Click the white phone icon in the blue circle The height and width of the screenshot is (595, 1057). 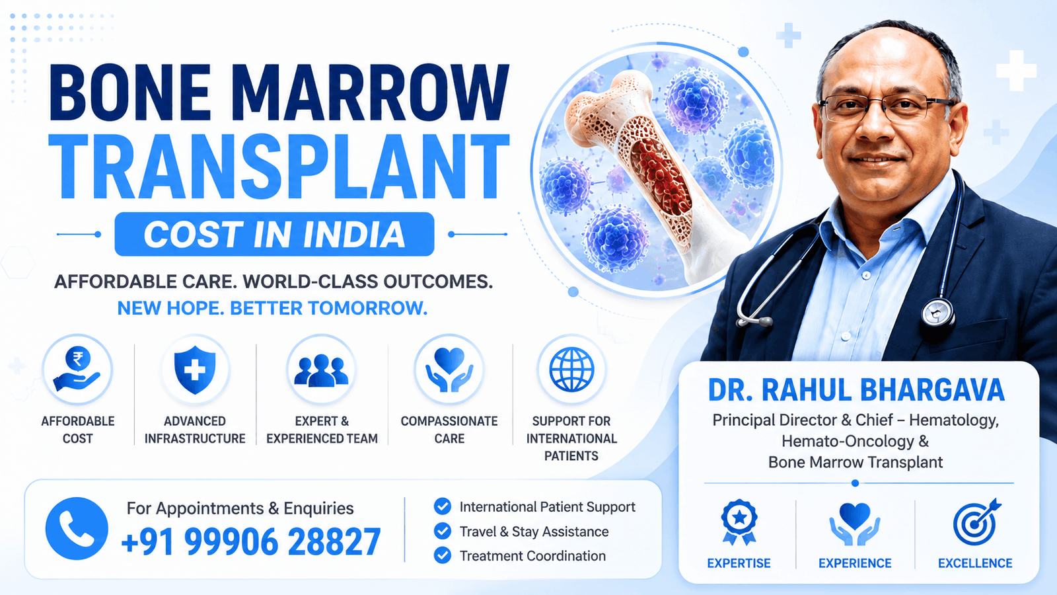click(77, 528)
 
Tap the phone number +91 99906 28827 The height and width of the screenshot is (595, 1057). click(250, 541)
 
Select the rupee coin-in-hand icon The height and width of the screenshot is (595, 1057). click(77, 370)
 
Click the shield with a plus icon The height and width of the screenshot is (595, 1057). click(194, 370)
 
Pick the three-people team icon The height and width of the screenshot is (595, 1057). click(321, 370)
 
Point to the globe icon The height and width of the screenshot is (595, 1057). click(571, 370)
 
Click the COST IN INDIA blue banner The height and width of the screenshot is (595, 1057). click(274, 234)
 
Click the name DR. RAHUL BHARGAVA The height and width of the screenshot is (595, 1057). click(856, 390)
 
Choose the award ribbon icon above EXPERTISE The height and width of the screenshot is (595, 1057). click(739, 522)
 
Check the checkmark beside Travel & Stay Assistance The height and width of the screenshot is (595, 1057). click(442, 531)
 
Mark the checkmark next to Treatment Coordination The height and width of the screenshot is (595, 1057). click(442, 555)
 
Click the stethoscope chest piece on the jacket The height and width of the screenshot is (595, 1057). click(938, 313)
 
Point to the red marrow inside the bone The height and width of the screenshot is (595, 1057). click(660, 178)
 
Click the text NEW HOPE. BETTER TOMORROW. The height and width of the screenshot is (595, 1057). click(272, 308)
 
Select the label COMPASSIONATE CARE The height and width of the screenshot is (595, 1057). click(449, 430)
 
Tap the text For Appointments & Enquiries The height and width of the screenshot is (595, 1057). click(240, 508)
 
